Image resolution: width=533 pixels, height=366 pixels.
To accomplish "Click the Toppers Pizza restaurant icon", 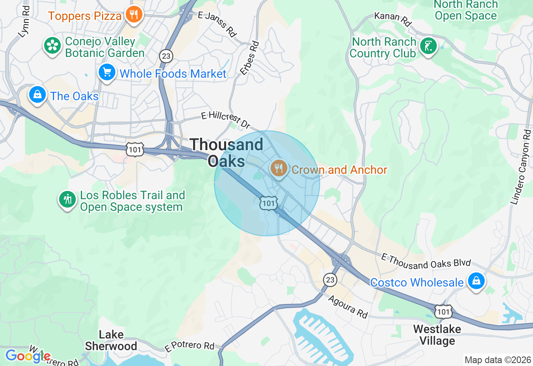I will [133, 15].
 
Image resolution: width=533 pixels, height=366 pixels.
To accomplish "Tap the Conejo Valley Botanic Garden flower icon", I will [52, 45].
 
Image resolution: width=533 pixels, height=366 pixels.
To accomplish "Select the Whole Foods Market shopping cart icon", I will [107, 73].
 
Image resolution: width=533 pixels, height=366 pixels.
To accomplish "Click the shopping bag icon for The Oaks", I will [37, 95].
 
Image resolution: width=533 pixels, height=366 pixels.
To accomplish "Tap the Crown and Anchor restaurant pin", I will [278, 168].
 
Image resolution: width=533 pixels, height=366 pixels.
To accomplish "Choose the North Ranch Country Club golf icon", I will [428, 46].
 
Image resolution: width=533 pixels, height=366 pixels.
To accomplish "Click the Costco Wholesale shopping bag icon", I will [476, 281].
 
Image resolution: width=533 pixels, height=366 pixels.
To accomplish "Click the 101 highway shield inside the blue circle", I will [269, 203].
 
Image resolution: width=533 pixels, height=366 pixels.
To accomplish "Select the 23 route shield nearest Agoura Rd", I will [330, 279].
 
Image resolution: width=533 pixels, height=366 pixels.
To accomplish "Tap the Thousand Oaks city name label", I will [227, 152].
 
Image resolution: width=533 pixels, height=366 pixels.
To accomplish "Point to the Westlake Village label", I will [437, 335].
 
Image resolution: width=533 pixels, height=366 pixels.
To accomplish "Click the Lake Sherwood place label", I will [111, 340].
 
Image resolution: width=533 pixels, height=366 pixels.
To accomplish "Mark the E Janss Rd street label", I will [217, 23].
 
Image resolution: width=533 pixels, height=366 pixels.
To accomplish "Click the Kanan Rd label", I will [392, 18].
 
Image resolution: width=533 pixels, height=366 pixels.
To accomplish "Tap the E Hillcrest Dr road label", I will [226, 119].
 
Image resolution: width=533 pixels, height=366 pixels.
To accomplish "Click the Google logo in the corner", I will [27, 356].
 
